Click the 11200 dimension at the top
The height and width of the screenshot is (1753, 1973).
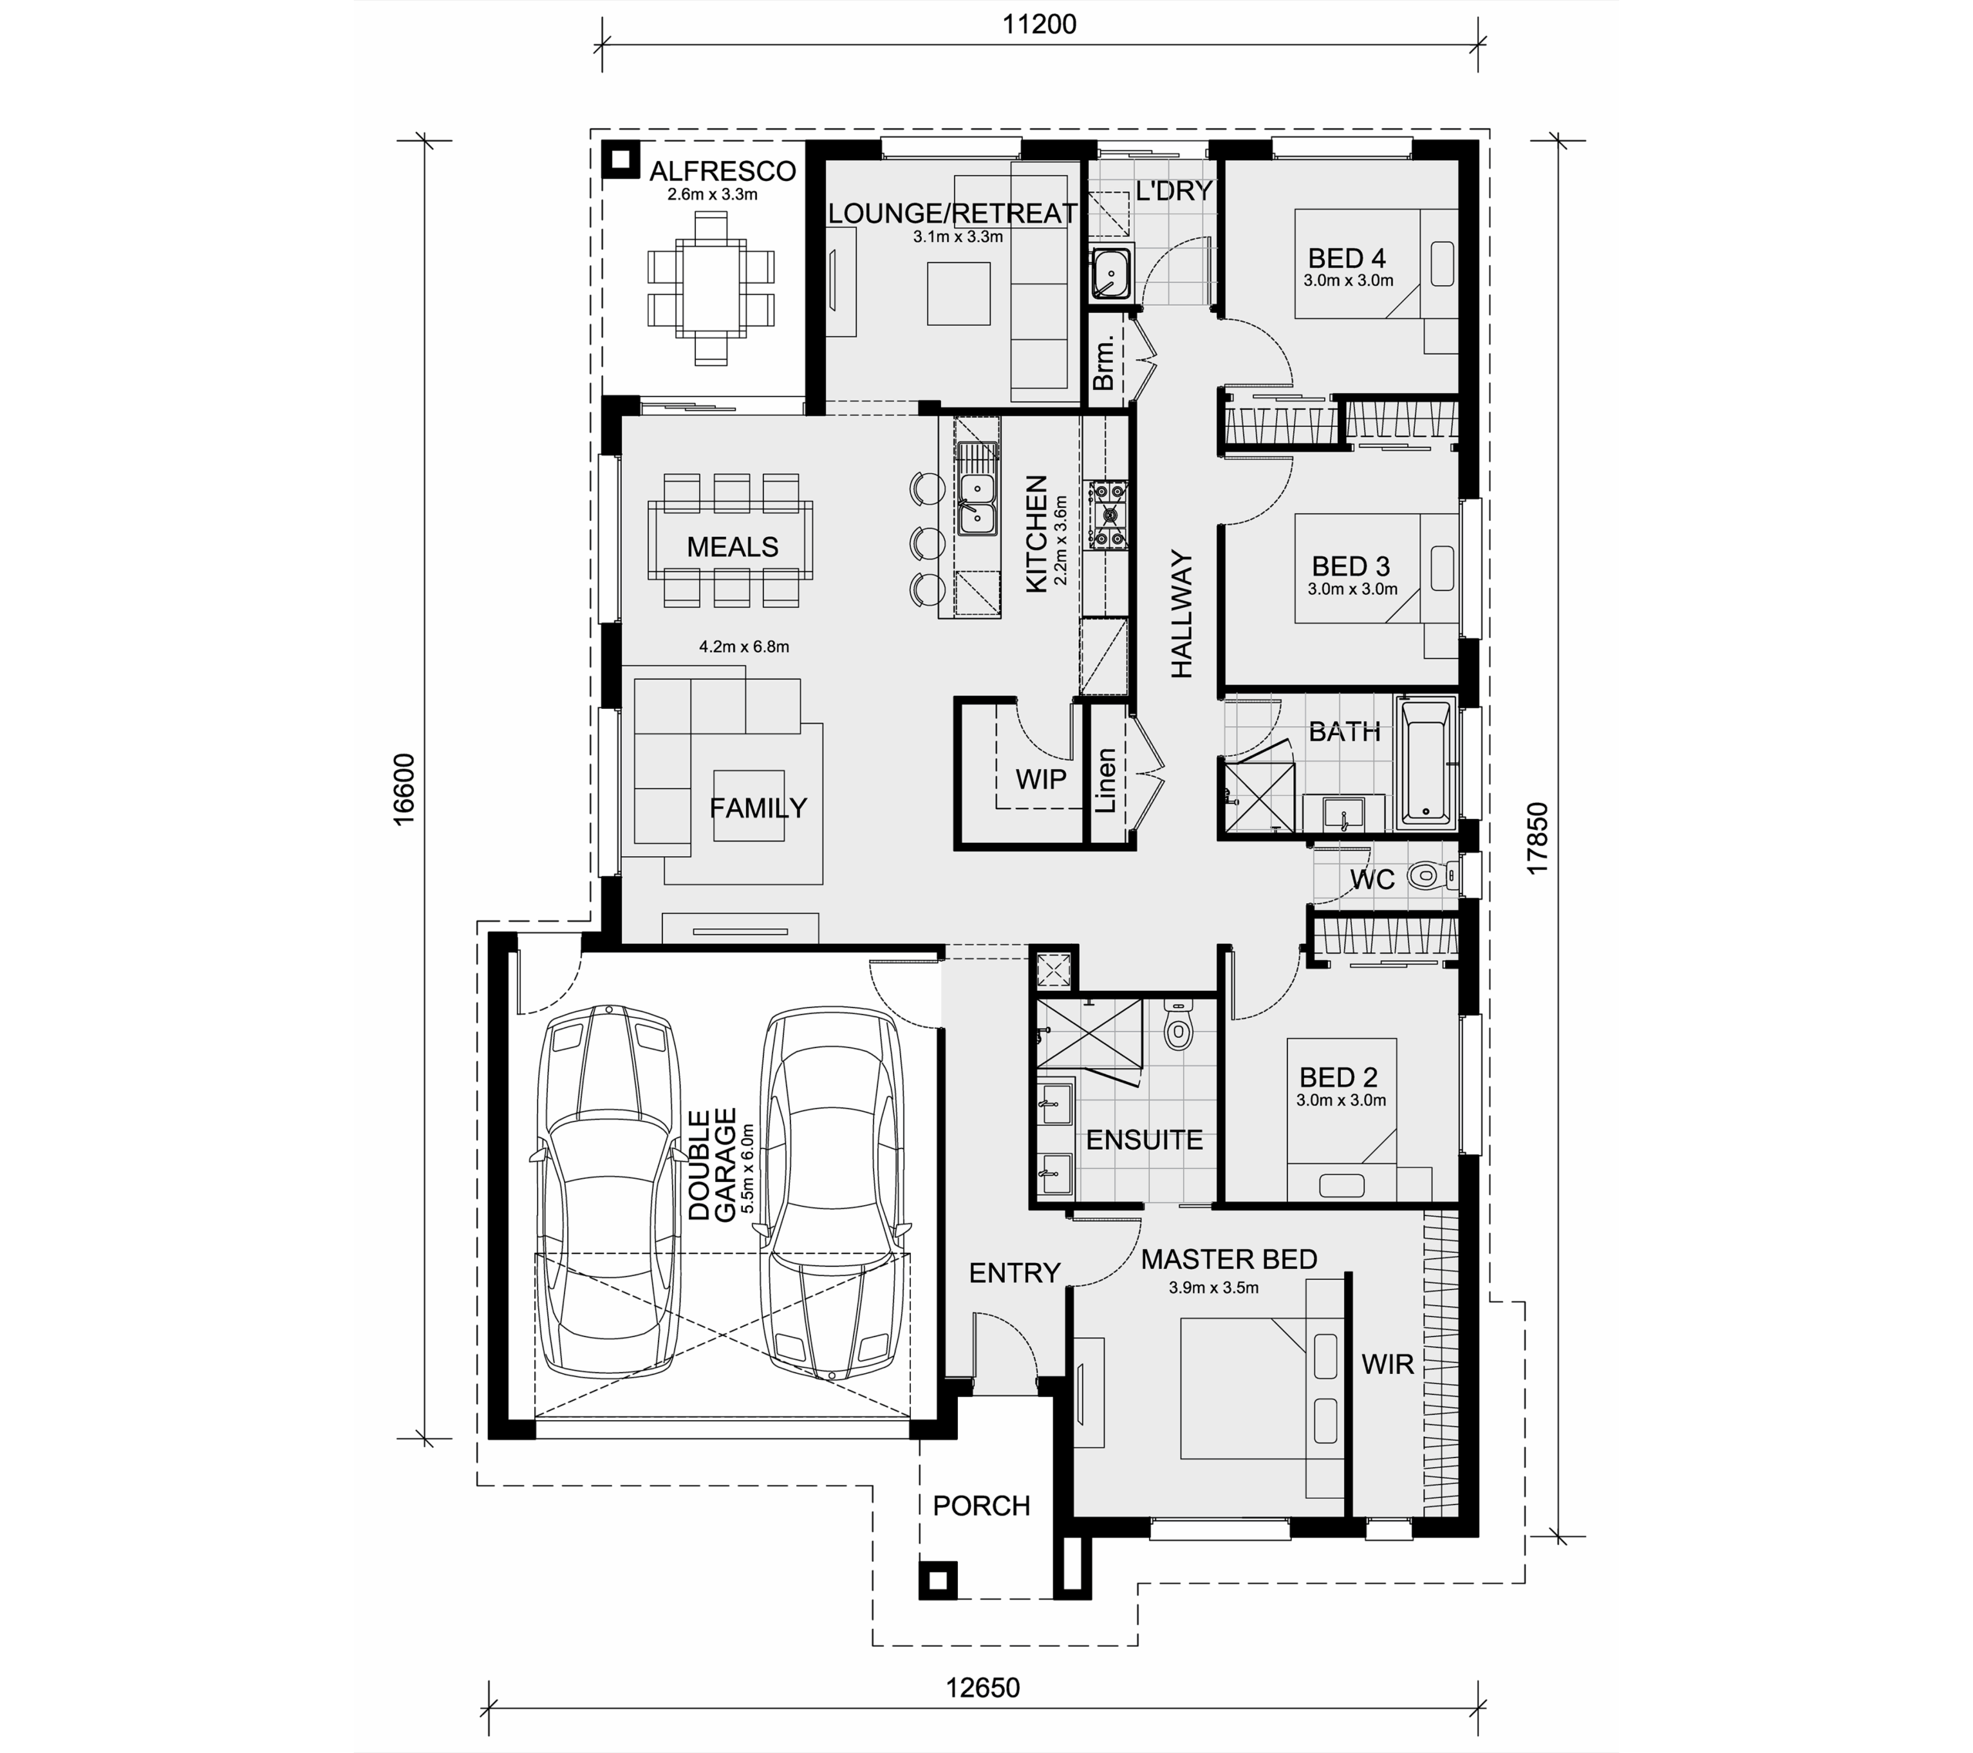pos(1039,24)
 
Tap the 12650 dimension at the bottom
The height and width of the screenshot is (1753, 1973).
pos(983,1688)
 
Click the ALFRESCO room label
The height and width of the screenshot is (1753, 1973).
pos(722,171)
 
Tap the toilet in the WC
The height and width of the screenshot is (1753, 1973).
pos(1434,877)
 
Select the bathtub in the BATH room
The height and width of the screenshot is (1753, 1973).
pos(1426,764)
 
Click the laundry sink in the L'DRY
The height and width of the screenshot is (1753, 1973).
pos(1112,274)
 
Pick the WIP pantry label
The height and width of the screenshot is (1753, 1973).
pos(1040,779)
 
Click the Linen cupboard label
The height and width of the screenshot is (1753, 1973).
pos(1106,780)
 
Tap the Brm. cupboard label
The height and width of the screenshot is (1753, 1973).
pos(1104,362)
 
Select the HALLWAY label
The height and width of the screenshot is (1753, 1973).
pos(1181,614)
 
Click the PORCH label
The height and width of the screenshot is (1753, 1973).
pos(982,1506)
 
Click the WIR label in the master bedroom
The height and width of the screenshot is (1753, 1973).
pos(1387,1364)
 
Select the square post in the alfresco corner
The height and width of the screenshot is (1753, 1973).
pos(620,160)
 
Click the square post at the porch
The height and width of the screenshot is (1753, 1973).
pos(937,1580)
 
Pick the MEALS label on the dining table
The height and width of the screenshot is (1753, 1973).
pos(733,547)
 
